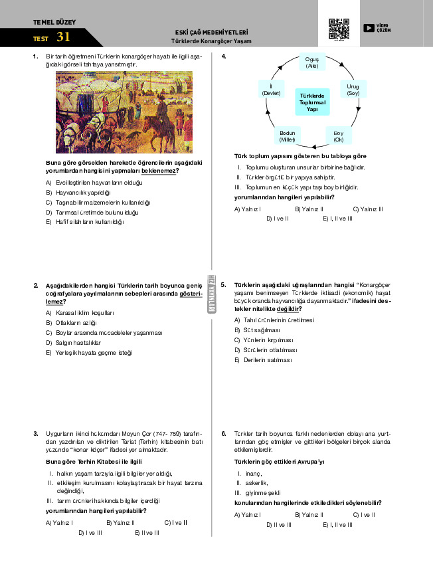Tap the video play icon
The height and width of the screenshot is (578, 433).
click(x=369, y=28)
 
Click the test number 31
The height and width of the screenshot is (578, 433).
click(x=63, y=37)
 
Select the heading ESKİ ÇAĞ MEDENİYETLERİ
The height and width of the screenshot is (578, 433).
click(x=211, y=32)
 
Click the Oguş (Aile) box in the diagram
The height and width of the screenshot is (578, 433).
click(x=312, y=62)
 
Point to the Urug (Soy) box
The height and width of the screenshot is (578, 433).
click(x=353, y=90)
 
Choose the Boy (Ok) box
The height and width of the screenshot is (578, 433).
click(x=338, y=136)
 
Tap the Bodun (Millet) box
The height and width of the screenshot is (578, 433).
click(x=287, y=136)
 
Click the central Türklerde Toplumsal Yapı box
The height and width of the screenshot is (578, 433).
click(x=312, y=102)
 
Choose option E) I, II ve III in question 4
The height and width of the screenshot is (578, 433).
click(x=337, y=218)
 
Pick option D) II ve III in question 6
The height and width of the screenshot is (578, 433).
click(x=279, y=524)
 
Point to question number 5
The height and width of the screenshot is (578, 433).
click(x=224, y=284)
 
